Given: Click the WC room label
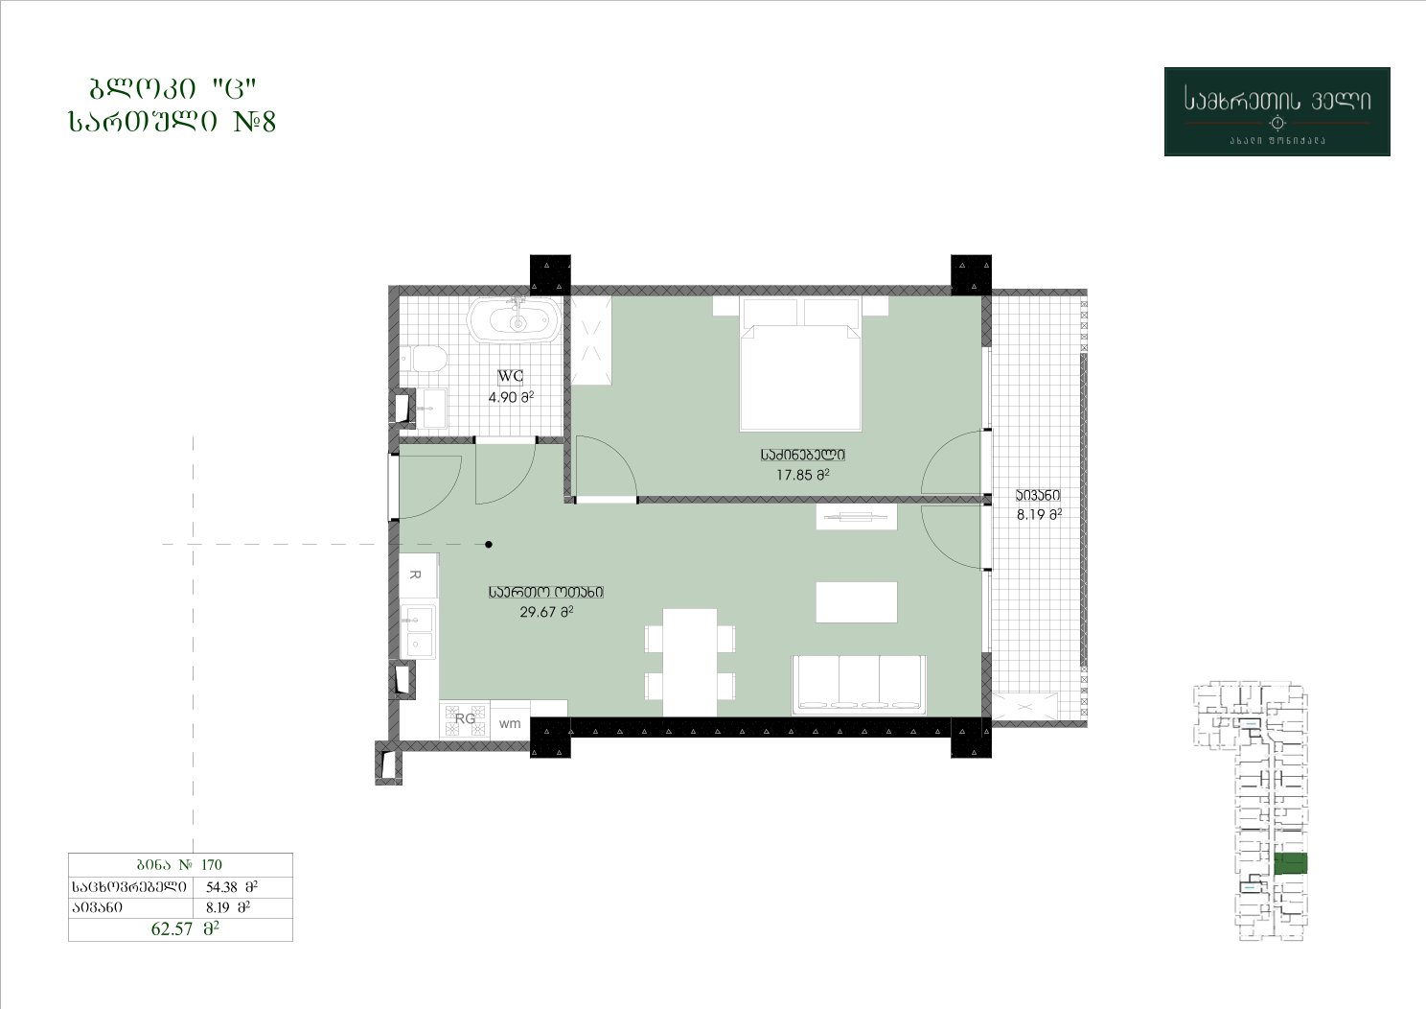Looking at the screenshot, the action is point(511,376).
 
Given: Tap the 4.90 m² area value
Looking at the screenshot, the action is point(511,397).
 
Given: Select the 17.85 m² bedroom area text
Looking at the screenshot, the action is point(803,475).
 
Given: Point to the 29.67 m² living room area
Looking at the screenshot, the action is point(546,612).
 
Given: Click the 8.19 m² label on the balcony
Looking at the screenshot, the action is point(1039,515).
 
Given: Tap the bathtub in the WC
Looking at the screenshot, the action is point(516,322).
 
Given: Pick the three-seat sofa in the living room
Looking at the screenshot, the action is point(859,686).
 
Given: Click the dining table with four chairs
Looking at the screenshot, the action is point(689,663).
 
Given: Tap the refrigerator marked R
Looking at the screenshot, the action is point(418,575).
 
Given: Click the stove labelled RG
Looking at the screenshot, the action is point(465,718).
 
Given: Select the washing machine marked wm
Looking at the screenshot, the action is point(510,723).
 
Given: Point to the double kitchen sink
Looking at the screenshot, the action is point(418,632).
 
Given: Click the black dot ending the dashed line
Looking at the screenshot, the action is point(489,544).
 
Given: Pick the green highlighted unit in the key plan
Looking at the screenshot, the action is point(1291,863).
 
